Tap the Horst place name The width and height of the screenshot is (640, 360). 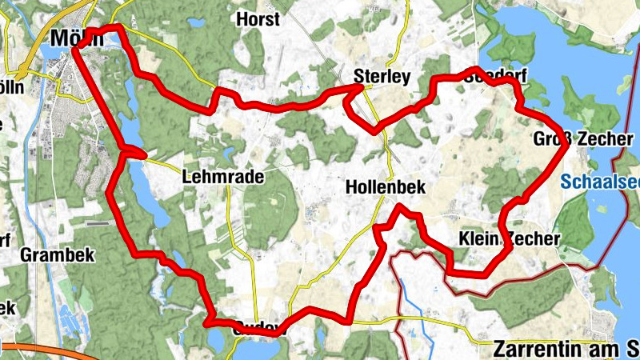pyautogui.click(x=258, y=18)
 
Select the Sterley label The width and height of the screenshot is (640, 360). pyautogui.click(x=382, y=77)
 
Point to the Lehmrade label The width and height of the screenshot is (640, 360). pyautogui.click(x=223, y=178)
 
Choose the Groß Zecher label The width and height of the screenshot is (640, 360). pyautogui.click(x=583, y=139)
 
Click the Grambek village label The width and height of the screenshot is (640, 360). pyautogui.click(x=58, y=255)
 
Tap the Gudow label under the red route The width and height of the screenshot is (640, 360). pyautogui.click(x=258, y=327)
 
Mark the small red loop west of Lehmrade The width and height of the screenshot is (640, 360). pyautogui.click(x=134, y=152)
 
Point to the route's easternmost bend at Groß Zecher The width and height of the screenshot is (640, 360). pyautogui.click(x=567, y=145)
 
